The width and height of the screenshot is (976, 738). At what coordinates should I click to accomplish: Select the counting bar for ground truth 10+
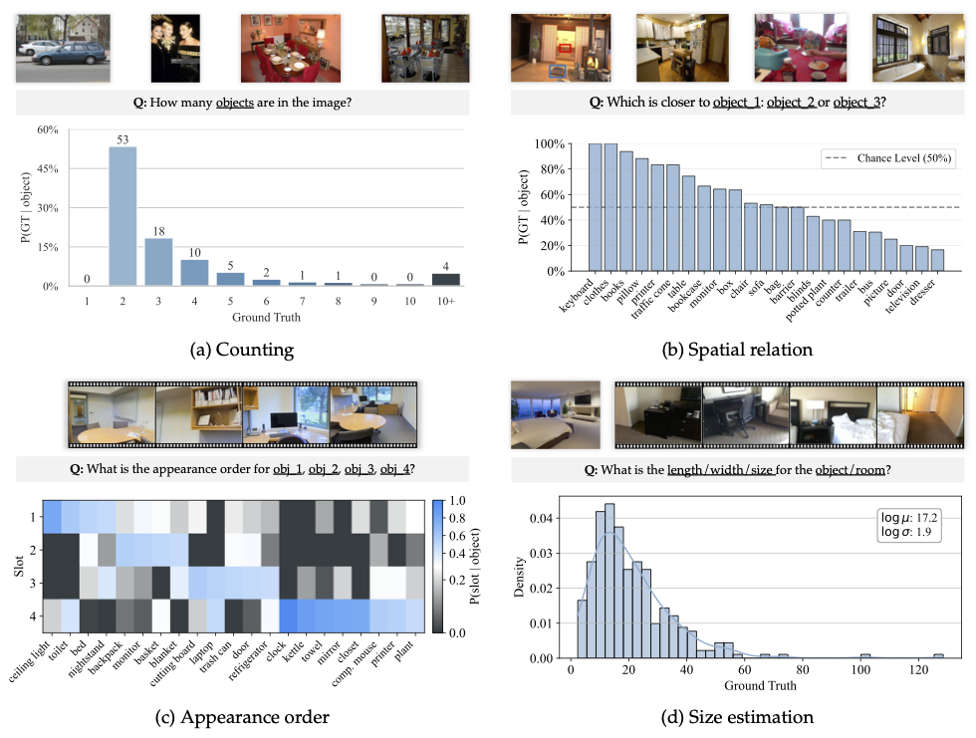click(445, 280)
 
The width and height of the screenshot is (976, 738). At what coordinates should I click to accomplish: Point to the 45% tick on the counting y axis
click(73, 169)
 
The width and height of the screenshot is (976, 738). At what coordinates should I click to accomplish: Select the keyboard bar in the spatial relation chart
click(596, 207)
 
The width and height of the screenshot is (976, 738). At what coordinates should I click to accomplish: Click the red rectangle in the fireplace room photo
click(565, 46)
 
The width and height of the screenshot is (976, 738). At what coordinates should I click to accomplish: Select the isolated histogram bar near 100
click(865, 655)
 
